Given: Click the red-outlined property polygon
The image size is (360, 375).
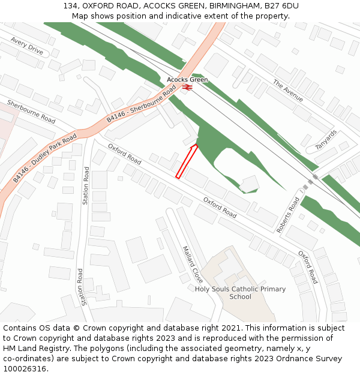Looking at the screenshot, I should pos(186,161).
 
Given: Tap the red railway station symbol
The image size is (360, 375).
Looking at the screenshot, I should pos(187,87).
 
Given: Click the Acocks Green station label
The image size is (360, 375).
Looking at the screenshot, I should pos(187,80).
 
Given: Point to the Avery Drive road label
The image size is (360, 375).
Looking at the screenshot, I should pos(27,46).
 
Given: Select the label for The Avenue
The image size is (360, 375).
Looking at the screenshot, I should pos(288,91).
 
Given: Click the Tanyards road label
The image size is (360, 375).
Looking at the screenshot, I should pos(326,141).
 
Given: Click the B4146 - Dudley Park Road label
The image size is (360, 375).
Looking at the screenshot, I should pos(45,158).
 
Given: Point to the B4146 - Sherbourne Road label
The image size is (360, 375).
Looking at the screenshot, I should pos(142,104).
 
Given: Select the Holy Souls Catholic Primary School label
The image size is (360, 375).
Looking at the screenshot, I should pos(240,293).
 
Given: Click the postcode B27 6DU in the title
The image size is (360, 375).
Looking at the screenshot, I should pos(282,6).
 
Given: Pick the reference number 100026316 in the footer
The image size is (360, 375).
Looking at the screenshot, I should pos(25,369).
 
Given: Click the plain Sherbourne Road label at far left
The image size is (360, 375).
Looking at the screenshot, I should pos(31,112).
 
